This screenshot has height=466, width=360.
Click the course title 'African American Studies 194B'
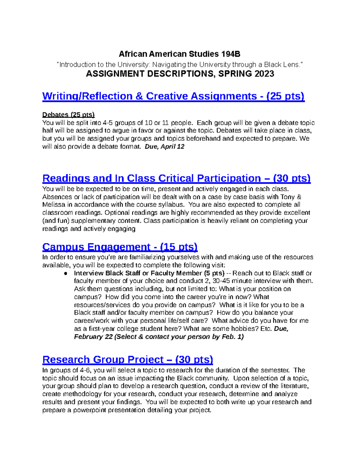click(x=179, y=54)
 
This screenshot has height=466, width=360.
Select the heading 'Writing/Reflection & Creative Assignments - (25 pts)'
click(x=173, y=96)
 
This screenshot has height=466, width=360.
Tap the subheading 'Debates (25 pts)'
click(x=68, y=115)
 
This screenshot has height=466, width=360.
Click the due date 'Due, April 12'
click(x=164, y=147)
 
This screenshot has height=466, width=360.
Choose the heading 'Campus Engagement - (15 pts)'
click(x=120, y=247)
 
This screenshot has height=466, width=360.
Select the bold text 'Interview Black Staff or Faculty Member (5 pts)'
click(x=149, y=273)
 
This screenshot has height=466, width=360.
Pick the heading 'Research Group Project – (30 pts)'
click(x=127, y=359)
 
